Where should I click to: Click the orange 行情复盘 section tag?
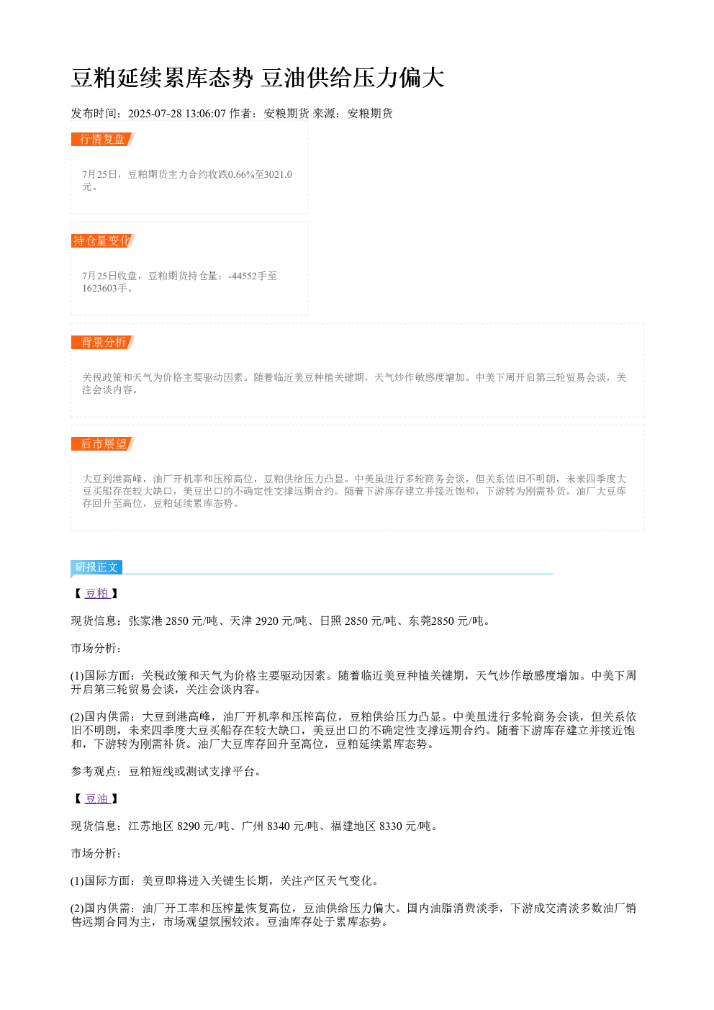(x=102, y=140)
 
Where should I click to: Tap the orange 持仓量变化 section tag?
(x=102, y=240)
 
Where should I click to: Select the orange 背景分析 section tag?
(x=102, y=342)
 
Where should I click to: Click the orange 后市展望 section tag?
(x=102, y=443)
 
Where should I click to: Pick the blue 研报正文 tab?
(x=96, y=567)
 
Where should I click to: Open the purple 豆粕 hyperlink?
(x=97, y=593)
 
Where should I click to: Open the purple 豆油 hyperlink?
(x=97, y=798)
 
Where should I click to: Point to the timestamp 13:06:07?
(x=206, y=114)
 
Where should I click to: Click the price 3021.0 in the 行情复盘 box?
(x=278, y=174)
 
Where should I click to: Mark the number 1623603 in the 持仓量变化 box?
(x=99, y=288)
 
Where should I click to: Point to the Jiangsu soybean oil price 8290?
(x=189, y=826)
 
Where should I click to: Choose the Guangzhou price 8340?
(x=279, y=826)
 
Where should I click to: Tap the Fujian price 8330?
(x=391, y=826)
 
